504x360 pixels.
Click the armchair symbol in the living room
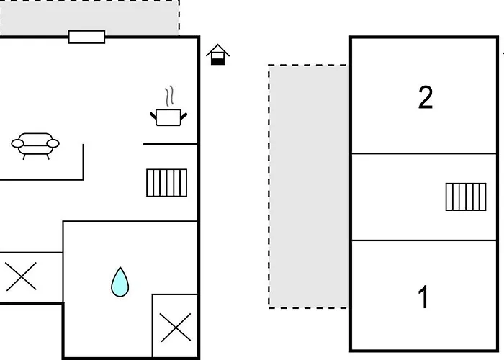pos(35,144)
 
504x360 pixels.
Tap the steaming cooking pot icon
pos(168,115)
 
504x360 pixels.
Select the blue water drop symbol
pos(120,282)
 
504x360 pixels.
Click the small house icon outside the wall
pos(217,55)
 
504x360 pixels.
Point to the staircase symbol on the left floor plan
pos(166,183)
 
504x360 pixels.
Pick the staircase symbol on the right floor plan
pos(465,197)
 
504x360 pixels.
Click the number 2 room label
pos(426,97)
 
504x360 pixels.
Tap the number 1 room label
pos(424,297)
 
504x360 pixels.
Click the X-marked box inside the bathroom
pos(175,328)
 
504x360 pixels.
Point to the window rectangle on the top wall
pos(86,37)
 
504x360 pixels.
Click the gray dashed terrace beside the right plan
pos(308,186)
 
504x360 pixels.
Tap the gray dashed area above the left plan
pos(89,16)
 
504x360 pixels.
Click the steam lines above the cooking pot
pos(169,95)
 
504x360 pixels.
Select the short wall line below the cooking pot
pos(170,144)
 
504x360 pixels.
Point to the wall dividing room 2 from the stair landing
pos(423,153)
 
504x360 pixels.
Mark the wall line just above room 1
pos(423,240)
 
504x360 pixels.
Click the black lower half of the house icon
pos(217,60)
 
